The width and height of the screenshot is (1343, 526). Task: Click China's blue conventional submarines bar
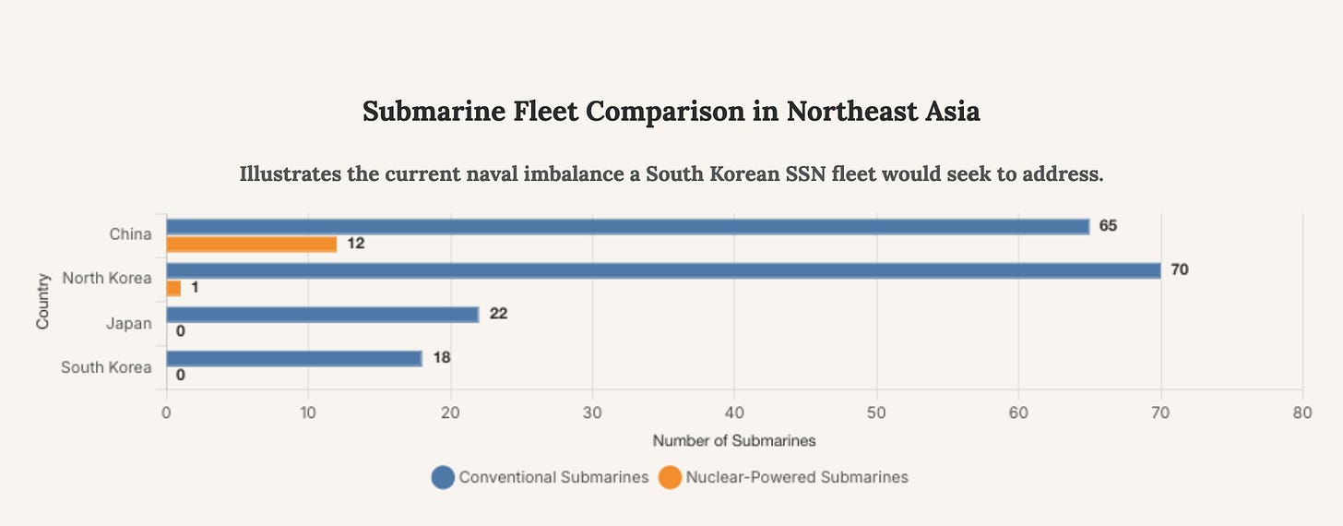click(x=627, y=227)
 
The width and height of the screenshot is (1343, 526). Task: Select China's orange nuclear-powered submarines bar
click(x=251, y=245)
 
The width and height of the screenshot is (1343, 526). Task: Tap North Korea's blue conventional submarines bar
click(x=662, y=270)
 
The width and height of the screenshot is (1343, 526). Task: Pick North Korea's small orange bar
click(x=173, y=288)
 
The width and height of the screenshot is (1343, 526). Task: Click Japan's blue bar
click(x=322, y=315)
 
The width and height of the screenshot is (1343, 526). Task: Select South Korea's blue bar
click(x=293, y=358)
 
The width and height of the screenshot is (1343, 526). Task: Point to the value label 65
click(x=1108, y=226)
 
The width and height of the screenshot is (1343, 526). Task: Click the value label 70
click(x=1179, y=270)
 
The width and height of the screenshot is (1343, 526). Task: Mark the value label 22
click(x=498, y=314)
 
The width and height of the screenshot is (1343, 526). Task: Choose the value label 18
click(x=441, y=357)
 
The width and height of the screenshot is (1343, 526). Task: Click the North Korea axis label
click(x=106, y=278)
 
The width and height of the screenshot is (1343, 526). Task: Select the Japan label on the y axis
click(x=129, y=323)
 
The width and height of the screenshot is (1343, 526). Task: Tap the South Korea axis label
click(x=106, y=367)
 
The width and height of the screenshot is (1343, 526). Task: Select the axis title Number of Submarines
click(x=734, y=441)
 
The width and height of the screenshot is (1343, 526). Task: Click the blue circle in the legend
click(x=443, y=477)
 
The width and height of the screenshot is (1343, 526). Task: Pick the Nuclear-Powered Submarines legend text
click(x=797, y=477)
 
